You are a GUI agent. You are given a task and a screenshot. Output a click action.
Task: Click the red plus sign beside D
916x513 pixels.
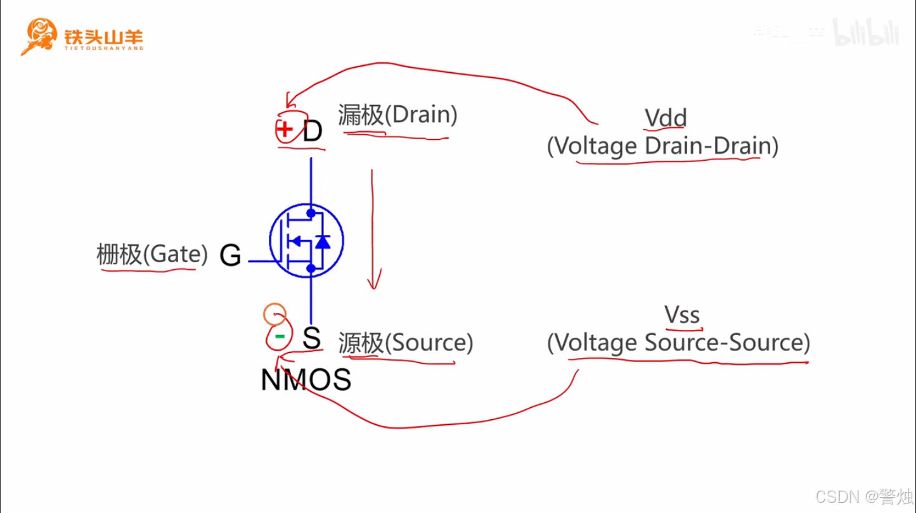285,130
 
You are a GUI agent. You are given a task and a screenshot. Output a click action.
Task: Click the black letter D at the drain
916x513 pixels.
313,132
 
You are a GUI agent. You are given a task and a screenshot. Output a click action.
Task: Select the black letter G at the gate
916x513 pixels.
231,256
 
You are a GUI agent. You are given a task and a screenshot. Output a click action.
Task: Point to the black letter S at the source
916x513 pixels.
311,338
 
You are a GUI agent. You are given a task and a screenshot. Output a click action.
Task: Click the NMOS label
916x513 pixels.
306,380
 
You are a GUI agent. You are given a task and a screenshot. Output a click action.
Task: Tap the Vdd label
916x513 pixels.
666,118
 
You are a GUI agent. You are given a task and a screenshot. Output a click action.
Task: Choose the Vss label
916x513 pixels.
682,315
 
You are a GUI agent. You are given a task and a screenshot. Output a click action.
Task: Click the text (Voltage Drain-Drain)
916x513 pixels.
662,146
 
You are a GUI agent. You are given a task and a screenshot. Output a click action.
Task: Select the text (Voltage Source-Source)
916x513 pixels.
678,343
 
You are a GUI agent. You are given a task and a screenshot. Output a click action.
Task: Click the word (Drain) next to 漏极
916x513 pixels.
421,115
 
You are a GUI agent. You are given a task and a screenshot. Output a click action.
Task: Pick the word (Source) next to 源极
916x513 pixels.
429,343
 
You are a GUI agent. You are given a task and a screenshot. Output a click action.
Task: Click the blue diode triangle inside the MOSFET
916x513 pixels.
323,241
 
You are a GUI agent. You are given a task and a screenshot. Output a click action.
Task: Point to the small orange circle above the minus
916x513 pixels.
274,313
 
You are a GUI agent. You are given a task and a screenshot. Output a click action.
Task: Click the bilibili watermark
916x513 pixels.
865,33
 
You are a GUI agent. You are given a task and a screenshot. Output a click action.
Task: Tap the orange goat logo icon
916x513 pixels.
39,35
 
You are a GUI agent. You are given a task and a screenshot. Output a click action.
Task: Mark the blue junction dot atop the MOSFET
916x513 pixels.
311,213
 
